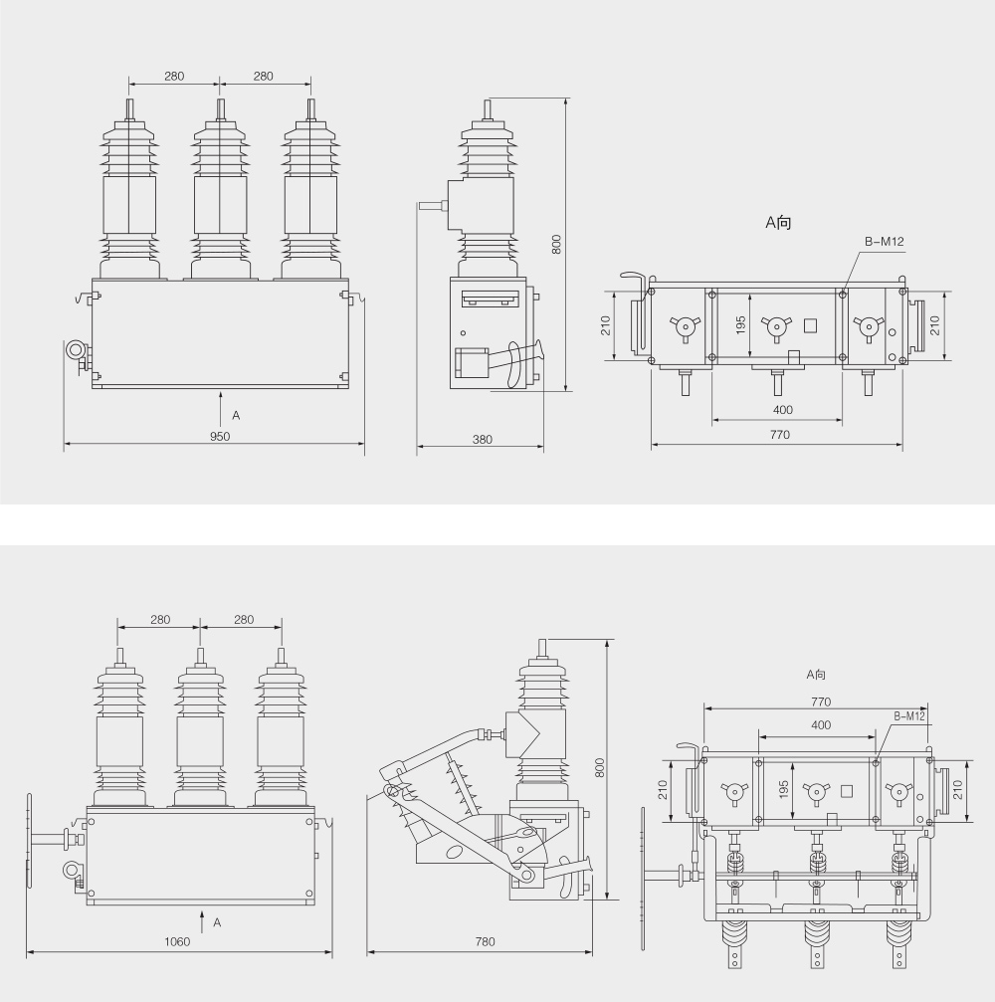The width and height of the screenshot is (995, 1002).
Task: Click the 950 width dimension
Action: pyautogui.click(x=219, y=437)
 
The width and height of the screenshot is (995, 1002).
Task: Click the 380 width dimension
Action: pyautogui.click(x=482, y=438)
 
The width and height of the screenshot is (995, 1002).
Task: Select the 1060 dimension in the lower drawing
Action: pyautogui.click(x=179, y=942)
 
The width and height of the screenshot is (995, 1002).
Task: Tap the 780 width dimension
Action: pyautogui.click(x=485, y=942)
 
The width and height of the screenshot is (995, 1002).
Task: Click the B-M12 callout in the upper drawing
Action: pyautogui.click(x=883, y=240)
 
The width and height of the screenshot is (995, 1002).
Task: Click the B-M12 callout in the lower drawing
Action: pyautogui.click(x=908, y=715)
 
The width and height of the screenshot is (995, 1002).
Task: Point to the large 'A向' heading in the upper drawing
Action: pyautogui.click(x=778, y=223)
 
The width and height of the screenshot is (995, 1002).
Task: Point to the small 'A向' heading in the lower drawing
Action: pyautogui.click(x=816, y=675)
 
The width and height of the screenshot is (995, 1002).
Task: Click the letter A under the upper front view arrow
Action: pyautogui.click(x=236, y=414)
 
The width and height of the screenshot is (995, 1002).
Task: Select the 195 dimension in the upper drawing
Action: pyautogui.click(x=741, y=325)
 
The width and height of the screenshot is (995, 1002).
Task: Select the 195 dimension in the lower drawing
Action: pyautogui.click(x=784, y=789)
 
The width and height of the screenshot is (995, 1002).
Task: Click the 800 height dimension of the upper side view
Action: pyautogui.click(x=557, y=244)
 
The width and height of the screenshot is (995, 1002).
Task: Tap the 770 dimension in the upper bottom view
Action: pyautogui.click(x=779, y=435)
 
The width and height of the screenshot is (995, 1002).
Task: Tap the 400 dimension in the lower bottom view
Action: pyautogui.click(x=821, y=725)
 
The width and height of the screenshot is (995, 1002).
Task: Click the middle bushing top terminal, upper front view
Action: pyautogui.click(x=220, y=108)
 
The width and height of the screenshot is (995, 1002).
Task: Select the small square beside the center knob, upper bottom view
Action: pyautogui.click(x=809, y=324)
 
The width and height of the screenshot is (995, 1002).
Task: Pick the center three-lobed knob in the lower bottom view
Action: pyautogui.click(x=816, y=792)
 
